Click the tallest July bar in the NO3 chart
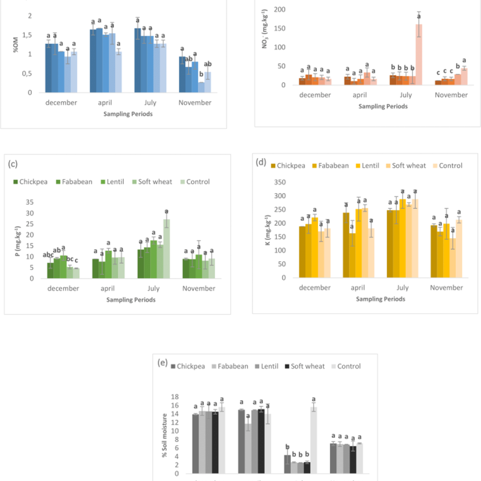coord(418,55)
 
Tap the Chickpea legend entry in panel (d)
coord(288,166)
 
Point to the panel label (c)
coord(13,164)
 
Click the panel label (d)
coord(261,162)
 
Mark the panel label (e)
coord(162,363)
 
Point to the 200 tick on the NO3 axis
coord(279,10)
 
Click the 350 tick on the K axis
coord(280,182)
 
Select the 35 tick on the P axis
coord(30,202)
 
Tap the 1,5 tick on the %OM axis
coord(27,35)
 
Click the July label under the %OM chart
coord(150,103)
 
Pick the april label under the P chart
coord(107,289)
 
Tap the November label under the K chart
coord(446,288)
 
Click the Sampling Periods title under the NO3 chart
coord(383,106)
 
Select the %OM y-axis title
coord(16,45)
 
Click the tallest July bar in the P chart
coord(166,249)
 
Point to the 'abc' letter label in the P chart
coord(48,255)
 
